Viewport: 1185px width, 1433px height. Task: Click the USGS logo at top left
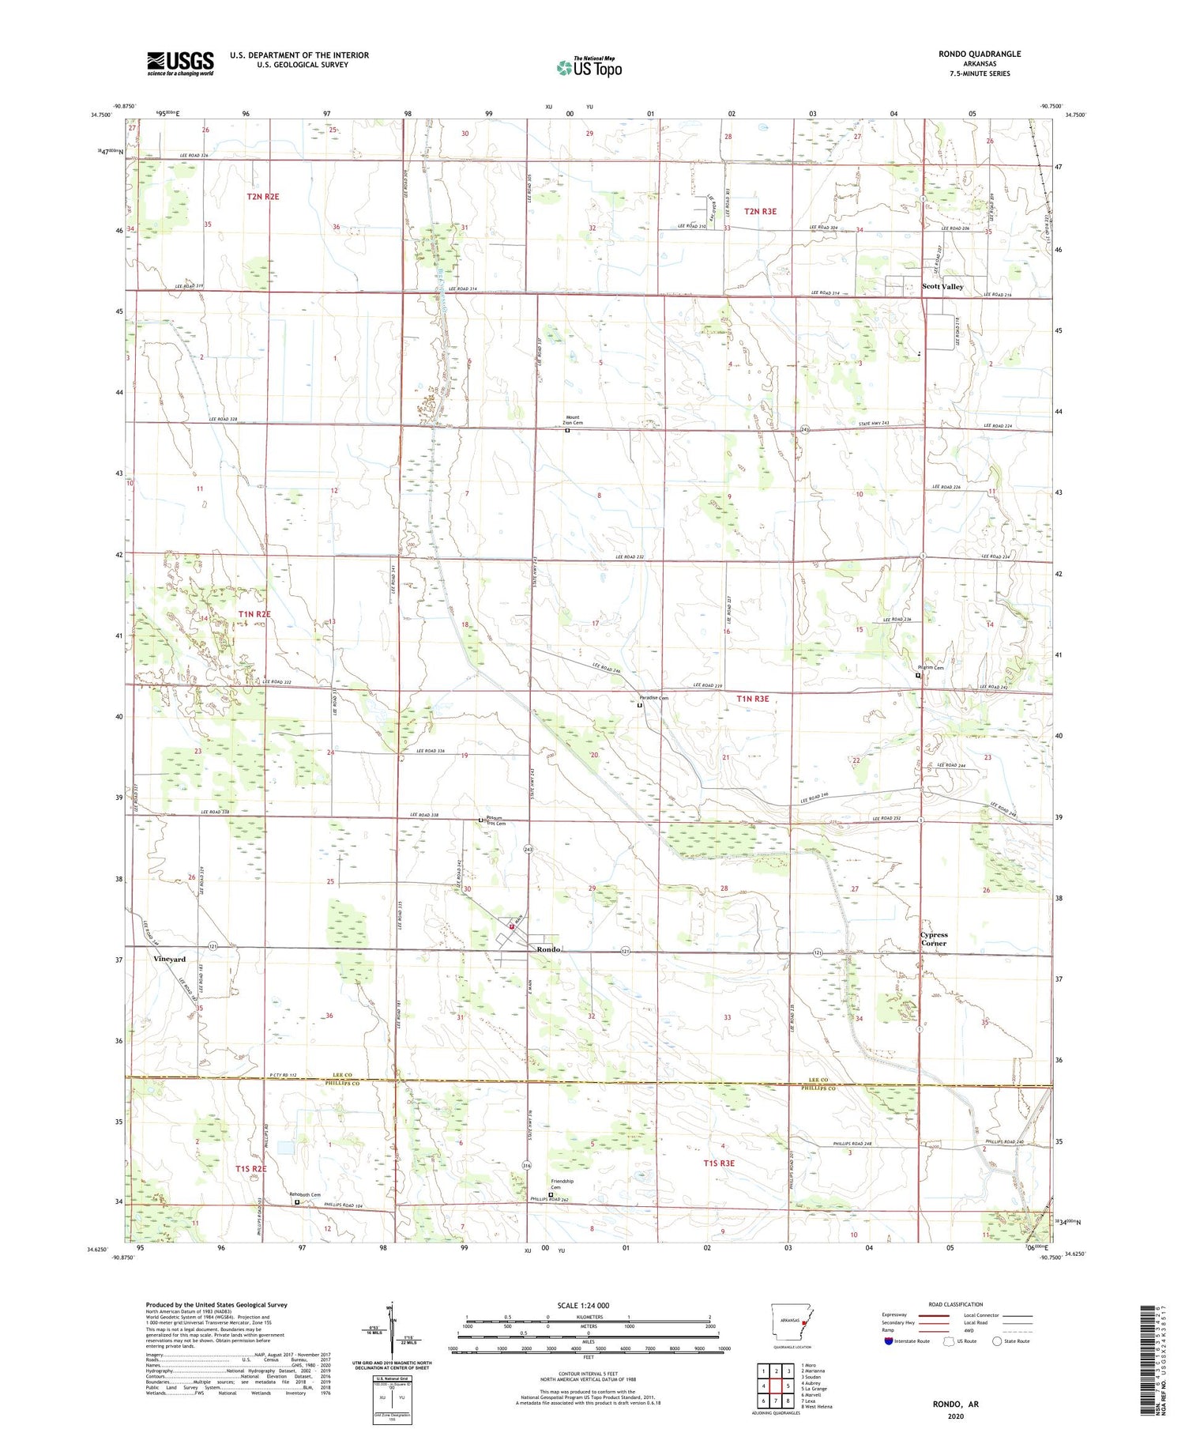[x=180, y=63]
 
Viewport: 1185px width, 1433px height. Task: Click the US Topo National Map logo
[x=589, y=67]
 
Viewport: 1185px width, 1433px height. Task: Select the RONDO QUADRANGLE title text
[x=979, y=54]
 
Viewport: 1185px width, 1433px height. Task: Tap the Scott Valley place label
[x=942, y=287]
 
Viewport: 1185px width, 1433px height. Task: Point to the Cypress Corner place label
[x=933, y=938]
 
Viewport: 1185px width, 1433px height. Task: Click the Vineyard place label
[x=169, y=959]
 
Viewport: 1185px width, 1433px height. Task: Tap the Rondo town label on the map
[x=548, y=948]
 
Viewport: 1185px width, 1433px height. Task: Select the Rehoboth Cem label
[x=305, y=1194]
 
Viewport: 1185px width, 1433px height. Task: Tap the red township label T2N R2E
[x=262, y=196]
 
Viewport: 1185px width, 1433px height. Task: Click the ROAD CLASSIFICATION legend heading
[x=955, y=1304]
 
